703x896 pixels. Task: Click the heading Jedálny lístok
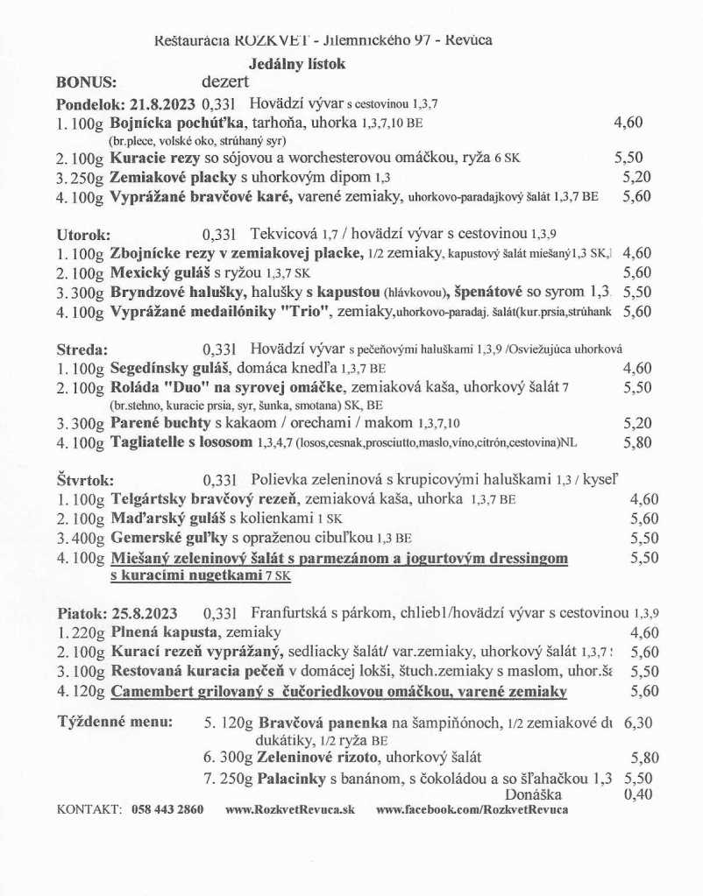(x=297, y=63)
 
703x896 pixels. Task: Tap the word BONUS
(x=87, y=83)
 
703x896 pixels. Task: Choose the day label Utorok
(x=83, y=235)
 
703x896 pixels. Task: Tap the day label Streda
(x=81, y=349)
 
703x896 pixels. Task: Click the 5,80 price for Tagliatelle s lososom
(x=637, y=442)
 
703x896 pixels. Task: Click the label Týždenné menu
(x=115, y=723)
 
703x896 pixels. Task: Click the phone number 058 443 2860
(x=167, y=809)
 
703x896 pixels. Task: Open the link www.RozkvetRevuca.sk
(x=290, y=809)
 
